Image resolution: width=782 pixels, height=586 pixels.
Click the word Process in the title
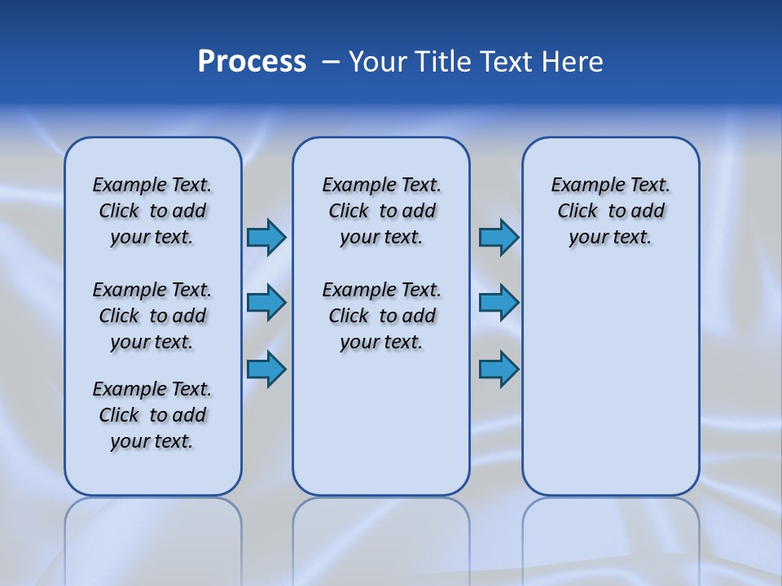click(x=252, y=62)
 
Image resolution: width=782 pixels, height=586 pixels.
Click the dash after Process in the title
click(x=331, y=63)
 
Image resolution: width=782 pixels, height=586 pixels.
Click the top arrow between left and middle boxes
click(x=266, y=237)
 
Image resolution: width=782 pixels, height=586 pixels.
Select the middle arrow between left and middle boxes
click(x=266, y=303)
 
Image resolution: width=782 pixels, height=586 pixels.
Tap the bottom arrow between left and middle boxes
click(x=266, y=370)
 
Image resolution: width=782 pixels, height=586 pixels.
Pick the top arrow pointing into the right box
click(x=499, y=237)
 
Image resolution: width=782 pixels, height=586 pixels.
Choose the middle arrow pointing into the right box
click(x=499, y=303)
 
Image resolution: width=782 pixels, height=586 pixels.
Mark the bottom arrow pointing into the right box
click(x=499, y=370)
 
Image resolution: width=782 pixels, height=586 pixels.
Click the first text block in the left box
click(x=152, y=211)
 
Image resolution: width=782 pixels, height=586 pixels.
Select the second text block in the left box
click(x=152, y=316)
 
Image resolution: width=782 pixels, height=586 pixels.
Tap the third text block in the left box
click(x=152, y=415)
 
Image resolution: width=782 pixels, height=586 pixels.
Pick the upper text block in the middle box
click(x=381, y=211)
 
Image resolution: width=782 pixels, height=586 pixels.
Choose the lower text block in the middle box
click(x=381, y=316)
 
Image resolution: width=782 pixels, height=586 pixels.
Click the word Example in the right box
click(x=582, y=186)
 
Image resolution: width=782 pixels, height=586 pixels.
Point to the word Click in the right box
click(x=578, y=212)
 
